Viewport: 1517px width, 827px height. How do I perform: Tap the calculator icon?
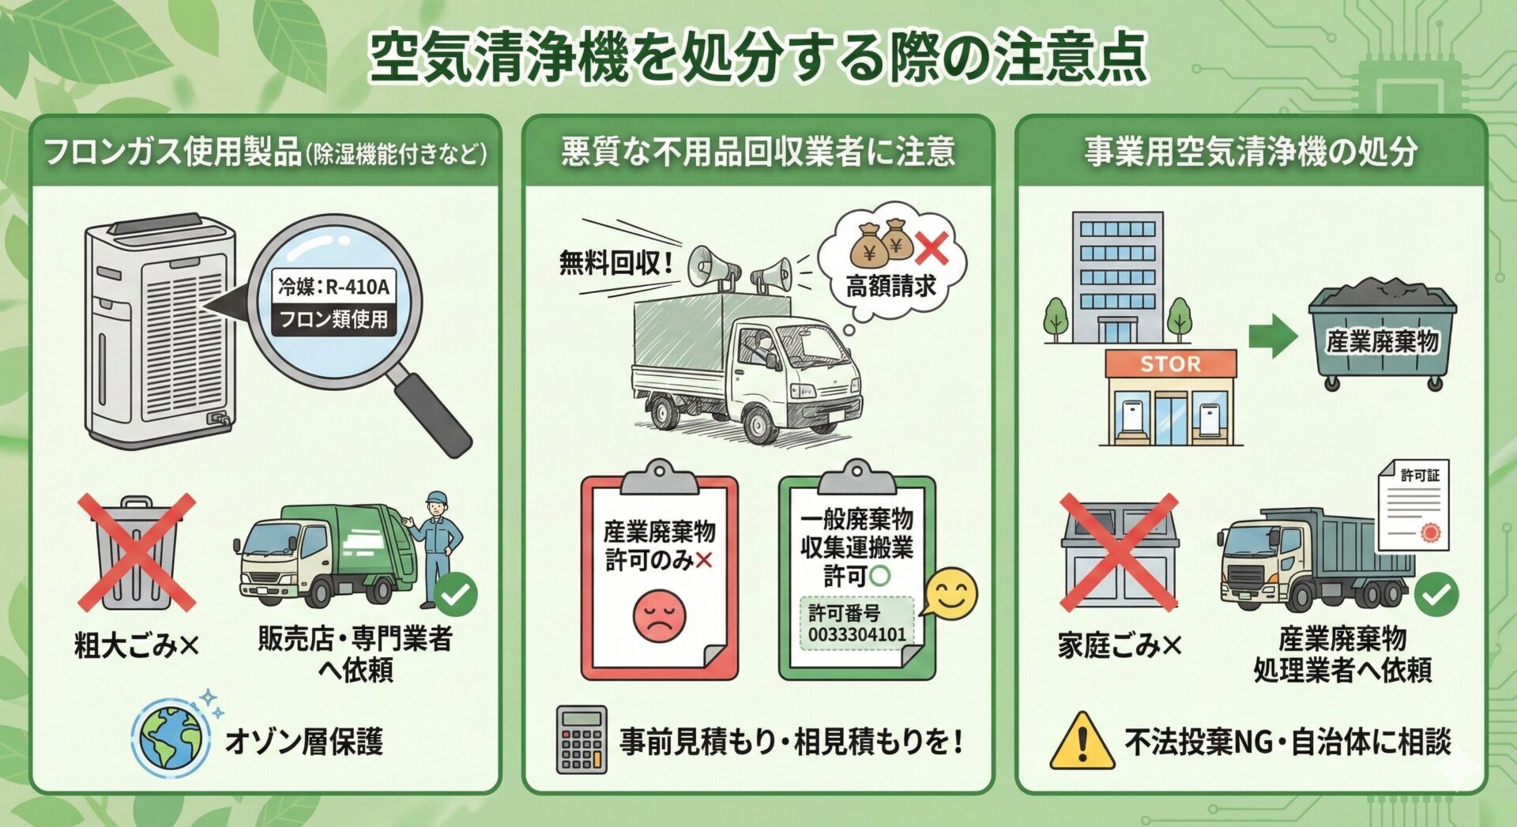[x=582, y=739]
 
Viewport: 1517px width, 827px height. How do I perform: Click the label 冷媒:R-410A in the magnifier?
[x=333, y=286]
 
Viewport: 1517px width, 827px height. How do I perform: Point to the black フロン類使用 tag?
[x=333, y=319]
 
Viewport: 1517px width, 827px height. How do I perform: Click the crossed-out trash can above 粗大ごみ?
[x=137, y=553]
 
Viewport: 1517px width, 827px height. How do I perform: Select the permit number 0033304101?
[x=856, y=634]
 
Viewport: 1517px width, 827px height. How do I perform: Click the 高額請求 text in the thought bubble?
[x=890, y=286]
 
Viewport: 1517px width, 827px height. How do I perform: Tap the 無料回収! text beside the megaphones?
[x=616, y=262]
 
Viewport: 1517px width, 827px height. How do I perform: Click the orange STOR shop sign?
[x=1170, y=364]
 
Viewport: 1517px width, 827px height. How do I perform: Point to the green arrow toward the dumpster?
[x=1272, y=336]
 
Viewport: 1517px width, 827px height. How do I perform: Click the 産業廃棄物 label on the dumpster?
[x=1382, y=341]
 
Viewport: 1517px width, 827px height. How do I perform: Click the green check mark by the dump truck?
[x=1436, y=595]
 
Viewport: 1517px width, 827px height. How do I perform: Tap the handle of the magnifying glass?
[x=433, y=415]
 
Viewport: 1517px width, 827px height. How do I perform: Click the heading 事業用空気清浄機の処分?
[x=1251, y=152]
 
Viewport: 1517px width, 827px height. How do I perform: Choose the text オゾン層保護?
[x=304, y=741]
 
